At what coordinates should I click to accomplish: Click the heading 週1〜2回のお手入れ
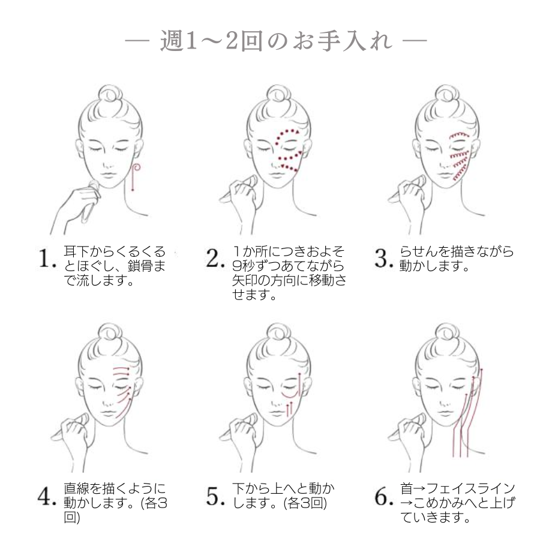click(276, 43)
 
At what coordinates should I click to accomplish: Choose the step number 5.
click(215, 497)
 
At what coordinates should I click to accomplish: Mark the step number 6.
click(383, 497)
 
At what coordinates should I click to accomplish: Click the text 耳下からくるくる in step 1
click(114, 252)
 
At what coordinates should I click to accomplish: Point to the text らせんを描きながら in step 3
click(456, 252)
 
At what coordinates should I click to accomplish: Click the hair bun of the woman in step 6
click(445, 334)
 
